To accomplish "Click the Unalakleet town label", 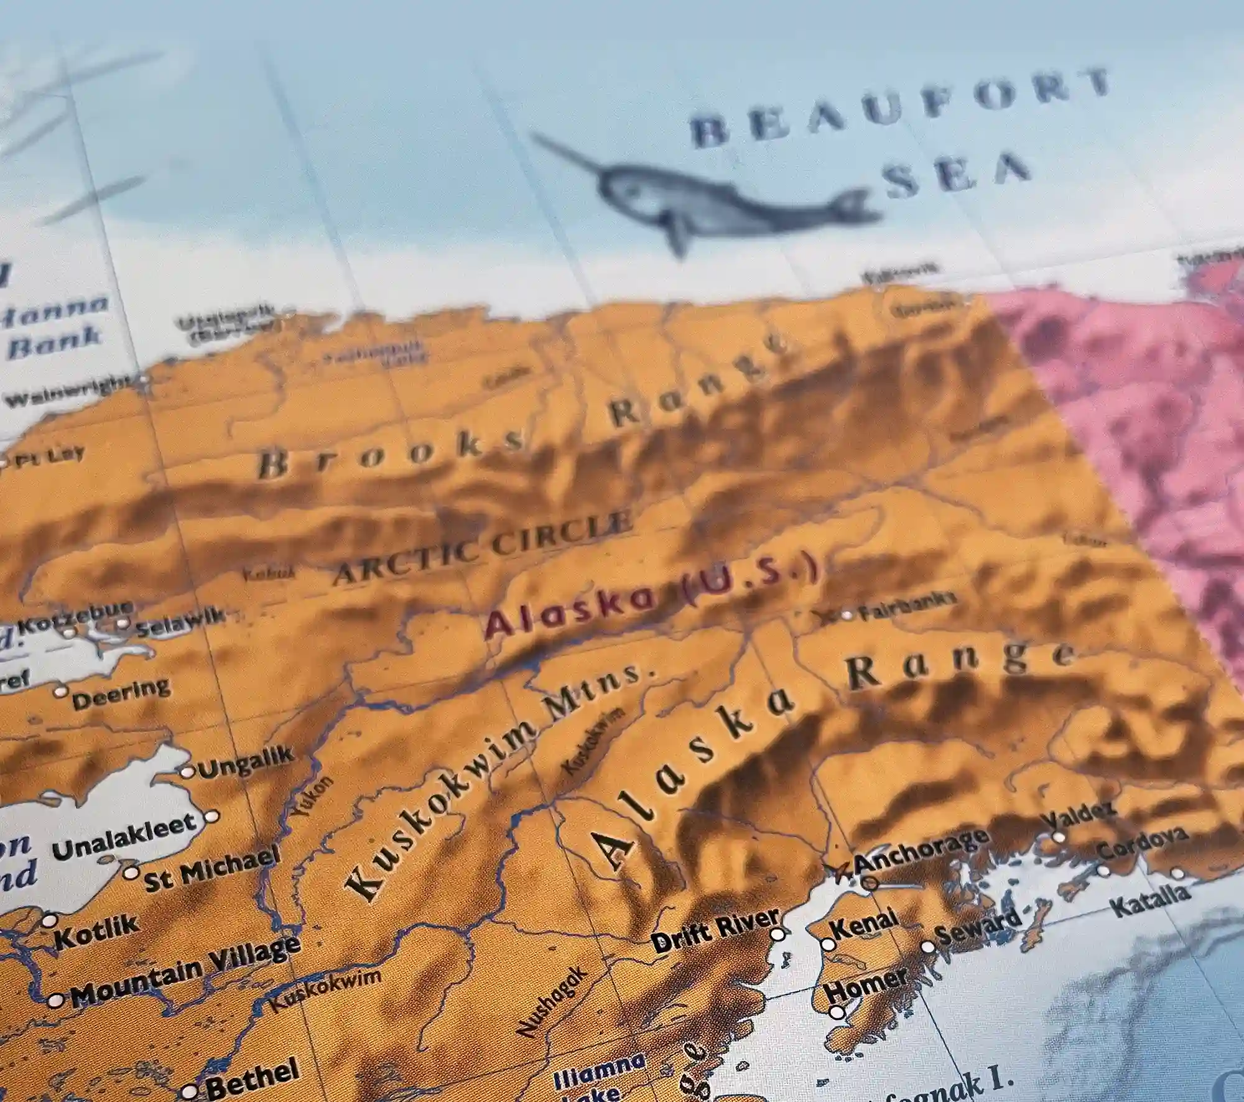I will (x=124, y=837).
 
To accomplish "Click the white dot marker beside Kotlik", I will (x=49, y=920).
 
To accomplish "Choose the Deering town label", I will (x=121, y=693).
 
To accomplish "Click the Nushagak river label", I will (x=551, y=1001).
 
